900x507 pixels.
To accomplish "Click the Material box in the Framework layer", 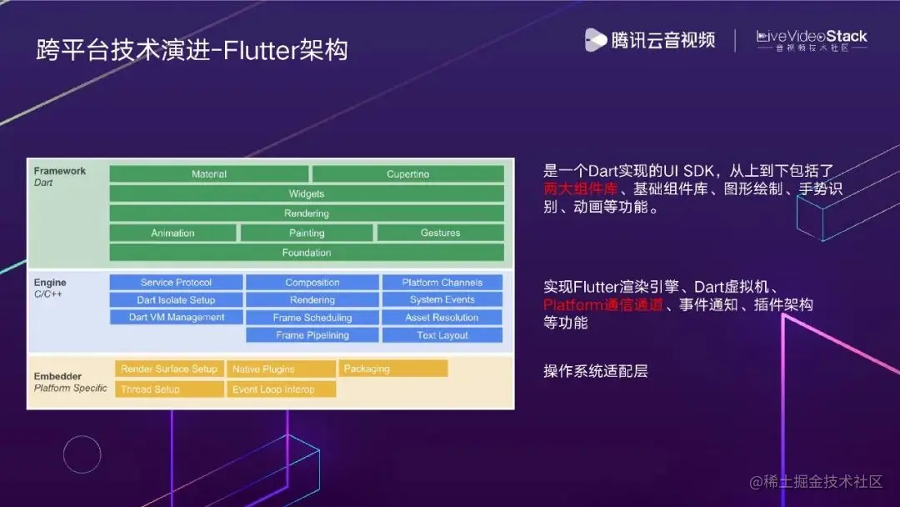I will (209, 174).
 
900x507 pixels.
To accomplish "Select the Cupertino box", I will (407, 174).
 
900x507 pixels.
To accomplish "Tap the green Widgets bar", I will (307, 193).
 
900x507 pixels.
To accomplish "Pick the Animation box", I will (172, 233).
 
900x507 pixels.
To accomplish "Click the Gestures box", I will (440, 233).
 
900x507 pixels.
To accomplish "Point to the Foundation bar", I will (307, 253).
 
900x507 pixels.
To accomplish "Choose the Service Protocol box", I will (176, 283).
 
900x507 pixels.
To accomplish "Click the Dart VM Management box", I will (176, 318).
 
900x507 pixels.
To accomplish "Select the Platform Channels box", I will (442, 283).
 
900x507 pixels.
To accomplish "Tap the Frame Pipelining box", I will (312, 335).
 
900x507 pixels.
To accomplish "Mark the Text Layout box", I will (442, 335).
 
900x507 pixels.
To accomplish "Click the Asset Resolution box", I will (442, 318).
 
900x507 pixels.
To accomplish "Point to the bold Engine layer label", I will (50, 284).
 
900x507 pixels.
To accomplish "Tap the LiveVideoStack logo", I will (811, 40).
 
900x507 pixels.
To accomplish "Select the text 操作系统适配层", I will (595, 371).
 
